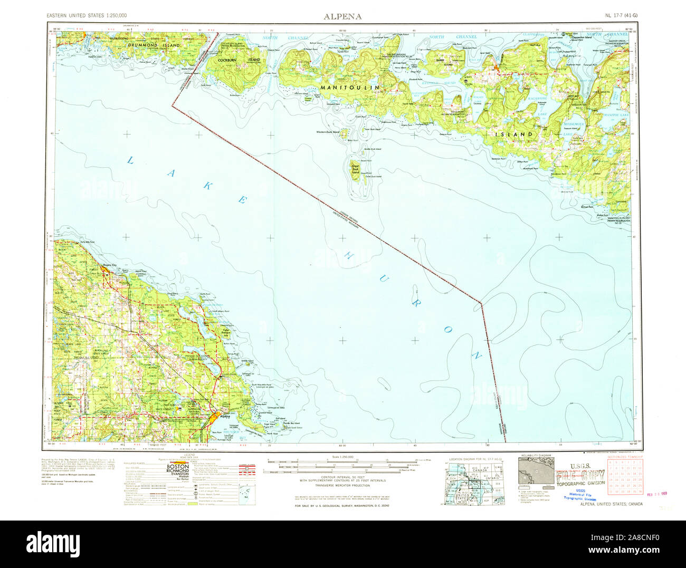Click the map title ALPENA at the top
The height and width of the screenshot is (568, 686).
point(342,16)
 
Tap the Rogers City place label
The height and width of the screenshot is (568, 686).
point(109,265)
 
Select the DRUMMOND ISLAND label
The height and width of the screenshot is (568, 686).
point(154,46)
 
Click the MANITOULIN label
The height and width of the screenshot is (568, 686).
point(350,86)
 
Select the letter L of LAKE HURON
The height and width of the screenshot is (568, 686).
point(129,160)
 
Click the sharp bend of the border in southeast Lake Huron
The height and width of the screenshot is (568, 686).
point(481,303)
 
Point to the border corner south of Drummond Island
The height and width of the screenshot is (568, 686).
point(171,105)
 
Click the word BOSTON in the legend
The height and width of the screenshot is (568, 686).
point(178,467)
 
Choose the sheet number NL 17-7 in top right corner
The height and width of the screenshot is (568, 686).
point(622,16)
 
